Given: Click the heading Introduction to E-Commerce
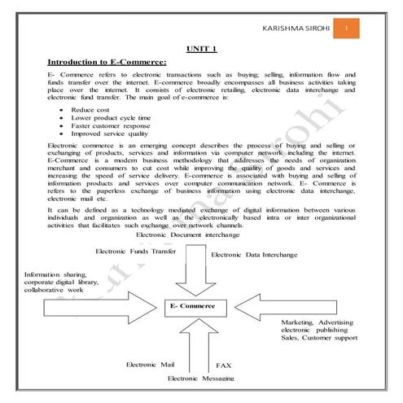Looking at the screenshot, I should pos(107,62).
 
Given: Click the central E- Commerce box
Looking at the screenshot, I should pos(193,306).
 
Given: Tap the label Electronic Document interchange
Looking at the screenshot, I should pos(188,234).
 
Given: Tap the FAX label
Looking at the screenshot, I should pos(224,366).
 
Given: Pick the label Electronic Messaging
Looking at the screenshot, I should pos(200,379).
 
